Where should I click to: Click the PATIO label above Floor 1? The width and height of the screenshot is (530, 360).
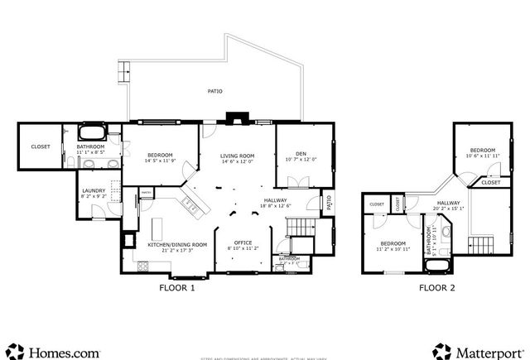[x=214, y=91]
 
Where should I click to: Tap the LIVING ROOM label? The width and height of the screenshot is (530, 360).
[x=237, y=156]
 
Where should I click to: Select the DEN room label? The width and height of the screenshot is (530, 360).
[x=301, y=153]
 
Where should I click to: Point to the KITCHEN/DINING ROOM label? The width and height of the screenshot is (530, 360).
[x=176, y=245]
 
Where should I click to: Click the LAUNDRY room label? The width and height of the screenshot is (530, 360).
[x=93, y=190]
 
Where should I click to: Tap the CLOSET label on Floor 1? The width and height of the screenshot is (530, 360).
[x=41, y=146]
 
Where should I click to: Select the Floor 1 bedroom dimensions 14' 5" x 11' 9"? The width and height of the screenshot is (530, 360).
[x=160, y=162]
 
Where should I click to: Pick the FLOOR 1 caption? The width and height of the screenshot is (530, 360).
[x=176, y=289]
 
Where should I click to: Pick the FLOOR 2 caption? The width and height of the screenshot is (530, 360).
[x=436, y=289]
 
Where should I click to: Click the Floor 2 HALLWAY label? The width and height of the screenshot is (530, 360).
[x=448, y=203]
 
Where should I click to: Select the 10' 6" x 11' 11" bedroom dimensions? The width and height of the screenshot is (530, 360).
[x=482, y=156]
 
